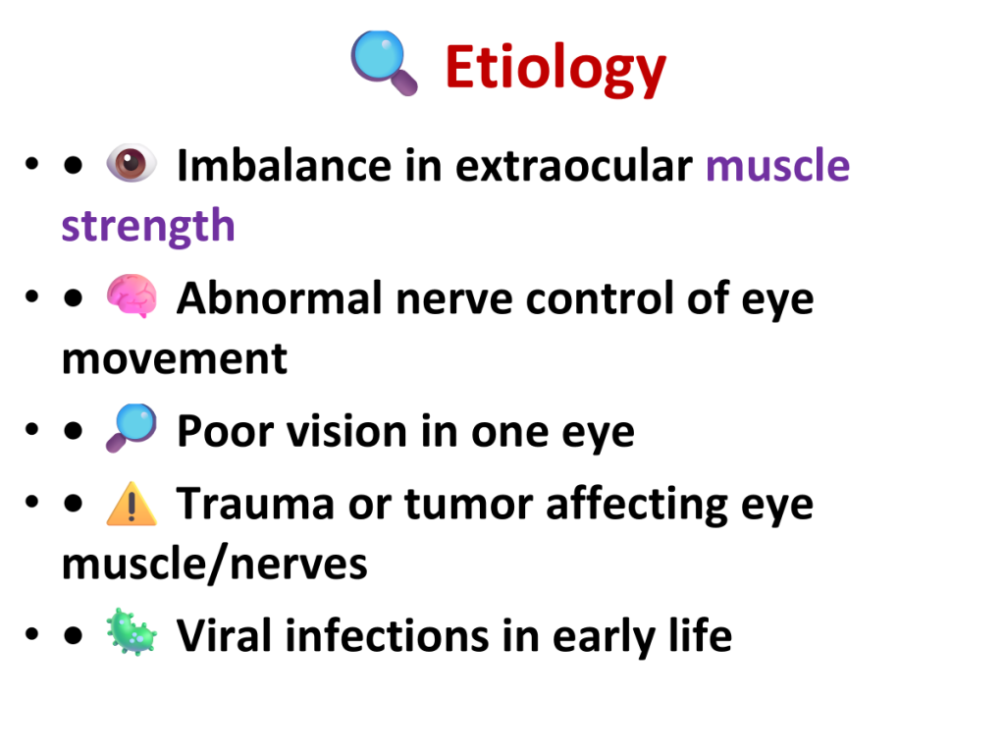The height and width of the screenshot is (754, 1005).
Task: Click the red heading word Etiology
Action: [x=555, y=69]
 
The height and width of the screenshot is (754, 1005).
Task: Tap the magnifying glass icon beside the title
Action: [x=384, y=63]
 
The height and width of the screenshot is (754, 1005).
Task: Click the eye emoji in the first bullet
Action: [x=132, y=163]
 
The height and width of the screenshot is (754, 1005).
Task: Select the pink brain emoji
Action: [x=132, y=296]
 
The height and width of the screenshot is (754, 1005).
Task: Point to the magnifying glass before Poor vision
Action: [x=132, y=428]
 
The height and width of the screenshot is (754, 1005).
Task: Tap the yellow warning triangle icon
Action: [x=132, y=505]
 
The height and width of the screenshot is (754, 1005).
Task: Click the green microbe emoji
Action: [x=132, y=632]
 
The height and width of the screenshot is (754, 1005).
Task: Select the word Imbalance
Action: [x=284, y=165]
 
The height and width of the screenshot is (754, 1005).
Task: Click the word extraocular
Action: [x=574, y=166]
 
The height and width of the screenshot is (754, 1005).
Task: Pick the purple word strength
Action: [x=148, y=227]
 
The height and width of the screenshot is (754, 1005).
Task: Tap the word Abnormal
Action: [x=280, y=298]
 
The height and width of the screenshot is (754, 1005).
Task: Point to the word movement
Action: [x=175, y=359]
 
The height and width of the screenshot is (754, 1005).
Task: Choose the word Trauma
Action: [x=255, y=504]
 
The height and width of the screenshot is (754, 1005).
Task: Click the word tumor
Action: [x=468, y=504]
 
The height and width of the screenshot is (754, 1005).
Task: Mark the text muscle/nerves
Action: [x=215, y=565]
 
